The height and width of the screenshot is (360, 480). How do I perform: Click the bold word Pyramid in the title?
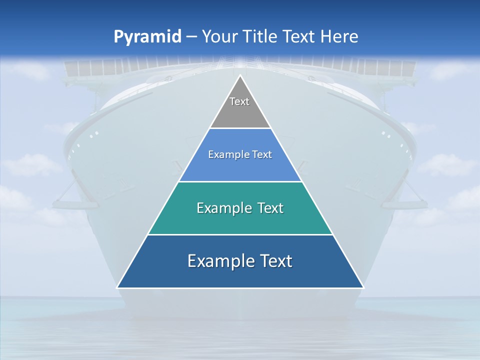[x=147, y=37]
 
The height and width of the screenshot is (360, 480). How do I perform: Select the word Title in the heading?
[x=260, y=37]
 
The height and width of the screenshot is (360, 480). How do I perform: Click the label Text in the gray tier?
[x=239, y=101]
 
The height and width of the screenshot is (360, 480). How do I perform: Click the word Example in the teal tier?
[x=219, y=208]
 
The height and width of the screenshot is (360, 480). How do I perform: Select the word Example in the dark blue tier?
[x=216, y=261]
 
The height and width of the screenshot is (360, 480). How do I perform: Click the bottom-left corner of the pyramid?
[x=117, y=287]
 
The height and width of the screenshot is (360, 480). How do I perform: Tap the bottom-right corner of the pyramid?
[x=363, y=287]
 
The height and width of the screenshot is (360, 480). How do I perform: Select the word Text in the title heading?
[x=298, y=37]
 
